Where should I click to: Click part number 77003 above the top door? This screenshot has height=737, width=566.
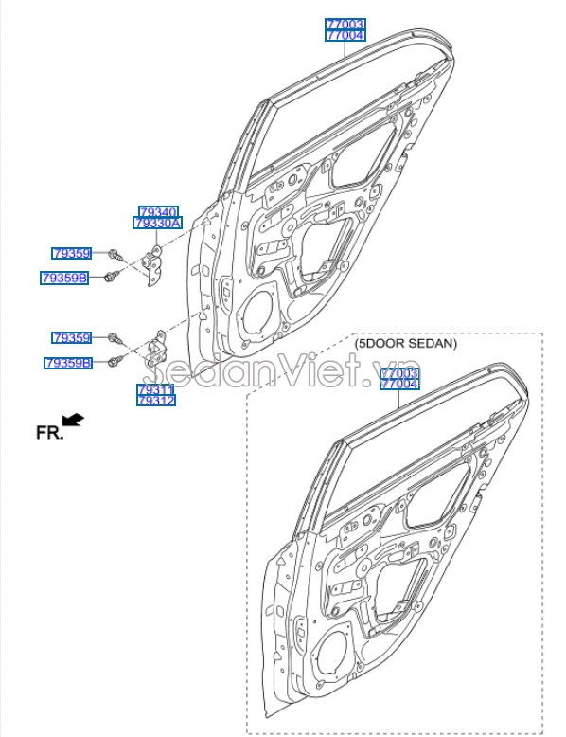pos(345,24)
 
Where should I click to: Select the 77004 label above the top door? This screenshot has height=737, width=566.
pos(345,35)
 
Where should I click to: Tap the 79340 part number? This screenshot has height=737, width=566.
pos(157,212)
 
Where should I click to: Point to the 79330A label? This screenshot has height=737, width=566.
pos(157,224)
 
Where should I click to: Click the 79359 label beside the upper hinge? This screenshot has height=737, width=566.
pos(71,253)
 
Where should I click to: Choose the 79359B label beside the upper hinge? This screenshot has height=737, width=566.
pos(64,278)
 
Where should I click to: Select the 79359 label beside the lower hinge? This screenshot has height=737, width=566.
pos(71,337)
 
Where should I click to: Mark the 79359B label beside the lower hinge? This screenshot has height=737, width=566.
pos(67,363)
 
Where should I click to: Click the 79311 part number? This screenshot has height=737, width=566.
pos(154,389)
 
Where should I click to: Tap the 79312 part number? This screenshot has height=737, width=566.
pos(154,401)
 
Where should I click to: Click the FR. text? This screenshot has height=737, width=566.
pos(49,432)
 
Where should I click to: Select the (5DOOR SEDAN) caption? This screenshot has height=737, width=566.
pos(405,344)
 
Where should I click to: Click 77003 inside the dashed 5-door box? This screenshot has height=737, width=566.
pos(399,374)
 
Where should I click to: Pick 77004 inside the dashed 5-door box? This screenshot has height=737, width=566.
pos(399,385)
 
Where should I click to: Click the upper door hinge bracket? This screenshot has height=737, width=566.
pos(151,263)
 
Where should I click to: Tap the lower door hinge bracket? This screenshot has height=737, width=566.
pos(157,350)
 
